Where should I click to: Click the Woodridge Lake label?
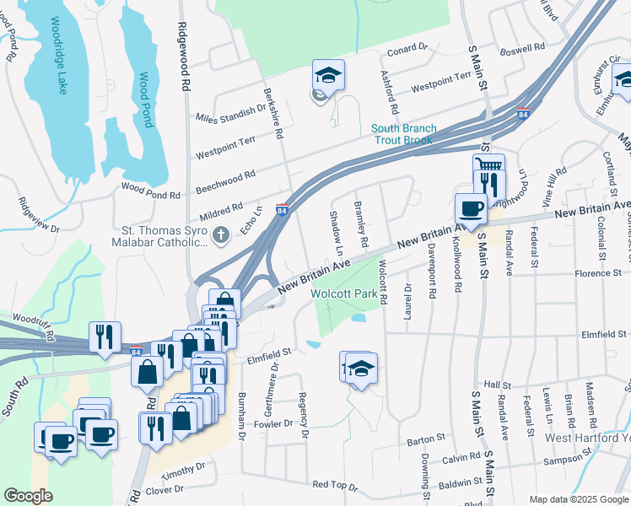point(57,56)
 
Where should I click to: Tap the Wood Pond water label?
point(146,99)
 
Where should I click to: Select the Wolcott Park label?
point(342,293)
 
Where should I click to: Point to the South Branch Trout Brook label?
point(404,134)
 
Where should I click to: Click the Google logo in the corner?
point(28,496)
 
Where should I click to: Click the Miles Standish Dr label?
point(230,115)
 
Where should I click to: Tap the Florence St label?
point(597,273)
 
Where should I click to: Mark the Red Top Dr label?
point(335,485)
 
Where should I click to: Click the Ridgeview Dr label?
point(39,215)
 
